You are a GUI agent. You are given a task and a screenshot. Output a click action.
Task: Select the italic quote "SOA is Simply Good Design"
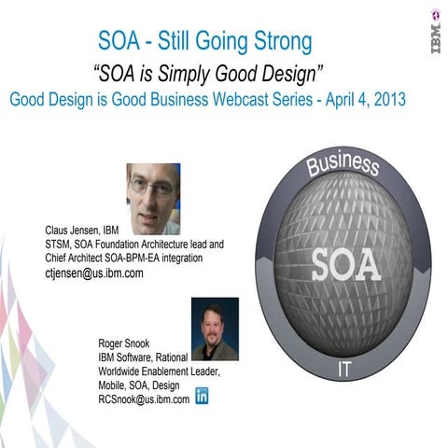click(208, 73)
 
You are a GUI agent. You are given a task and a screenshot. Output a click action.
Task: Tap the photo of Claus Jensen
click(153, 198)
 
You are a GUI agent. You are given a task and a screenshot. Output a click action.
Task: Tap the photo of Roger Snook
click(215, 329)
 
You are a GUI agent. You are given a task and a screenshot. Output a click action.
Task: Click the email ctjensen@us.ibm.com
click(94, 273)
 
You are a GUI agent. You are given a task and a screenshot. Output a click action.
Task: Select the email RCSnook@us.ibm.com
click(144, 399)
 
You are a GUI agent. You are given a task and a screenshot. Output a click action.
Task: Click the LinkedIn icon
click(202, 396)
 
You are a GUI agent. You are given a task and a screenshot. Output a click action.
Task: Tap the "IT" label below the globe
click(344, 371)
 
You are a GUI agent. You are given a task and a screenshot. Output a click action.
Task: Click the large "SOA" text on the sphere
click(345, 264)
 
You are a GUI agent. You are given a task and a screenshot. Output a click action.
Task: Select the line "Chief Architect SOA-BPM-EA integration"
click(135, 259)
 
